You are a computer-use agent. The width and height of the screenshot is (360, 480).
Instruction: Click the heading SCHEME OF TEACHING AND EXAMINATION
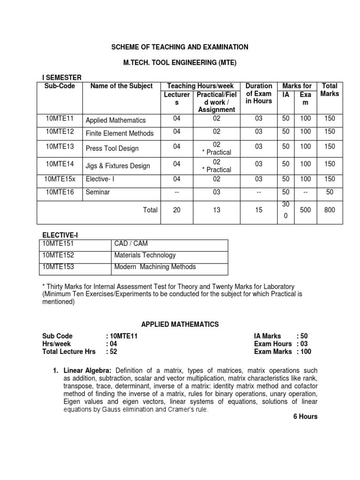(x=179, y=47)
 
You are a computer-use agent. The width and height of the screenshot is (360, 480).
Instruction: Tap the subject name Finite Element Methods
(x=120, y=133)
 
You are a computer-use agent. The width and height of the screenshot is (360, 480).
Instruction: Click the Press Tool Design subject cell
(x=112, y=149)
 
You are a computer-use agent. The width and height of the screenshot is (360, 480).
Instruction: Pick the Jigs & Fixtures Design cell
(x=118, y=166)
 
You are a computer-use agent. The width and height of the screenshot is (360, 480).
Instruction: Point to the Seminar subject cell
(x=97, y=192)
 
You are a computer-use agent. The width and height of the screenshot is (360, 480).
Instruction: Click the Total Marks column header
(x=330, y=90)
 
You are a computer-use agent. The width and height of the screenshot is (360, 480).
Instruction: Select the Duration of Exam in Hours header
(x=259, y=93)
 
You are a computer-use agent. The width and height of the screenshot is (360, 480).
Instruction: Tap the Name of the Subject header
(x=121, y=86)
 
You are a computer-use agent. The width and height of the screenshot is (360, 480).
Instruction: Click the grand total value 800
(x=330, y=210)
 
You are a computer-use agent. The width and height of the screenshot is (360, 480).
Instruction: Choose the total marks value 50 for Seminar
(x=330, y=192)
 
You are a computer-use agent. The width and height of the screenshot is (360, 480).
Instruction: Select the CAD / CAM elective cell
(x=130, y=243)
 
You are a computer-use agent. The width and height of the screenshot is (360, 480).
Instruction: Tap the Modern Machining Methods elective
(x=155, y=267)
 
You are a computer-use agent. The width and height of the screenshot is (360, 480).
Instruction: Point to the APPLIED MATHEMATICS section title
(x=180, y=324)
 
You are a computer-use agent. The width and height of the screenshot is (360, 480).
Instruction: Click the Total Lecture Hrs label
(x=68, y=352)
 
